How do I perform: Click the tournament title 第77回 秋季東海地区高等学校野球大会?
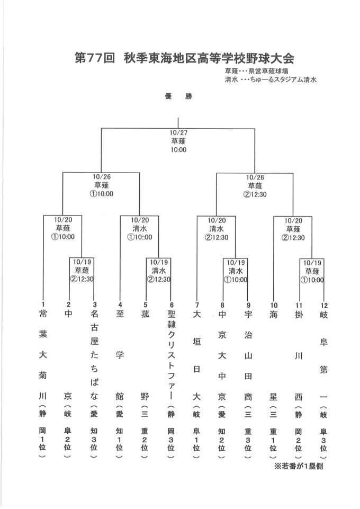click(184, 58)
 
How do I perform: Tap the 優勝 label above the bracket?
click(178, 96)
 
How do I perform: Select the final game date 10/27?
click(178, 133)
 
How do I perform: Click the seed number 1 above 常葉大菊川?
click(43, 304)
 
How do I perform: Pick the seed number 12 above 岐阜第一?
click(324, 306)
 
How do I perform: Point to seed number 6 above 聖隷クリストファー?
click(172, 305)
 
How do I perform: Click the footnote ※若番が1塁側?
click(299, 467)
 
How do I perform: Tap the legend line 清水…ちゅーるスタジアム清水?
click(271, 79)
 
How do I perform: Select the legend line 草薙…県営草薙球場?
click(257, 71)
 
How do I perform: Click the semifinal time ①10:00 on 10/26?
click(102, 194)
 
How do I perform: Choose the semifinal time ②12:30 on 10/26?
click(255, 194)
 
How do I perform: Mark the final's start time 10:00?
click(178, 150)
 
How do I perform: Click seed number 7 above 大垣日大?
click(197, 305)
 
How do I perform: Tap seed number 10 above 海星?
click(274, 305)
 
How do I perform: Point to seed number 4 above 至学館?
click(120, 305)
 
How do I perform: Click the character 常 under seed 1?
click(43, 314)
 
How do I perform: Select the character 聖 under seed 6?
click(172, 314)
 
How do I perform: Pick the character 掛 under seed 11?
click(299, 314)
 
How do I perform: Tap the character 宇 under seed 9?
click(248, 314)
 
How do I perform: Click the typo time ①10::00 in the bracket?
click(139, 237)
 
